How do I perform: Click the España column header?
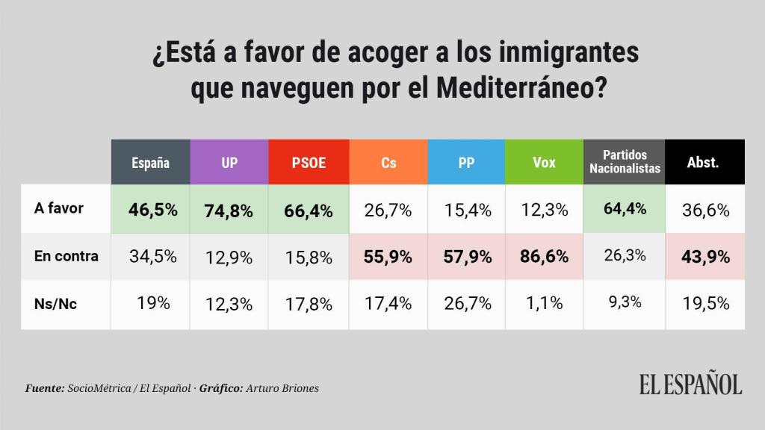[150, 162]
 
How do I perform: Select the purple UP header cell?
[229, 162]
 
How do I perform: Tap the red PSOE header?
[309, 162]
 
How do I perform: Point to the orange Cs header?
[388, 162]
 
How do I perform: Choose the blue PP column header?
[467, 162]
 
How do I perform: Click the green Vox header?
[545, 162]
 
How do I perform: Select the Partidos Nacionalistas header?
[625, 162]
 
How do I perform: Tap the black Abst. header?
[703, 162]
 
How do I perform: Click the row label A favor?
[59, 208]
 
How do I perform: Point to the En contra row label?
[66, 255]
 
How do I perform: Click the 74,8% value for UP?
[229, 210]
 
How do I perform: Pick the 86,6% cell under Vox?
[545, 256]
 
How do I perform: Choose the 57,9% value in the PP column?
[467, 256]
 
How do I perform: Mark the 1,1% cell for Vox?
[545, 303]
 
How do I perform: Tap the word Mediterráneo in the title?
[520, 89]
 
